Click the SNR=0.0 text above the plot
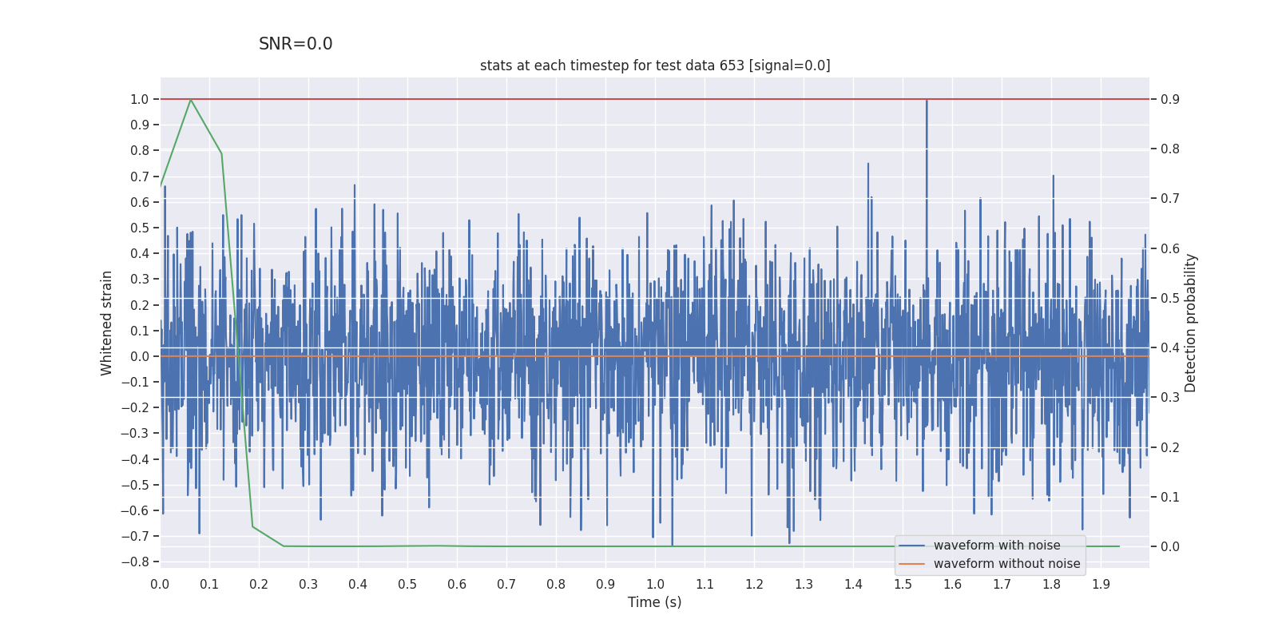click(296, 44)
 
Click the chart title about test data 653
click(655, 65)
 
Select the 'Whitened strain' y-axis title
click(107, 323)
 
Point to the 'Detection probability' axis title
click(1191, 323)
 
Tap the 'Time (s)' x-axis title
click(654, 602)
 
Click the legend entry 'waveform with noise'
click(997, 546)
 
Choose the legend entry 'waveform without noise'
click(1006, 564)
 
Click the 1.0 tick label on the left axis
click(140, 99)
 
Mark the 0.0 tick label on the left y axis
click(140, 356)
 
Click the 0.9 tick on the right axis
click(1170, 99)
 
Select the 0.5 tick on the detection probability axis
click(1170, 298)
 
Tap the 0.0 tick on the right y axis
click(1170, 546)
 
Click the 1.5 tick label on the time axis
click(903, 584)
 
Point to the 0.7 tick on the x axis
click(506, 584)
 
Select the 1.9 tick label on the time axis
click(1101, 584)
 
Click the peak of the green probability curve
click(190, 100)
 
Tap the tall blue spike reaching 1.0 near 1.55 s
click(927, 104)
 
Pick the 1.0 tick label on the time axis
click(655, 584)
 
